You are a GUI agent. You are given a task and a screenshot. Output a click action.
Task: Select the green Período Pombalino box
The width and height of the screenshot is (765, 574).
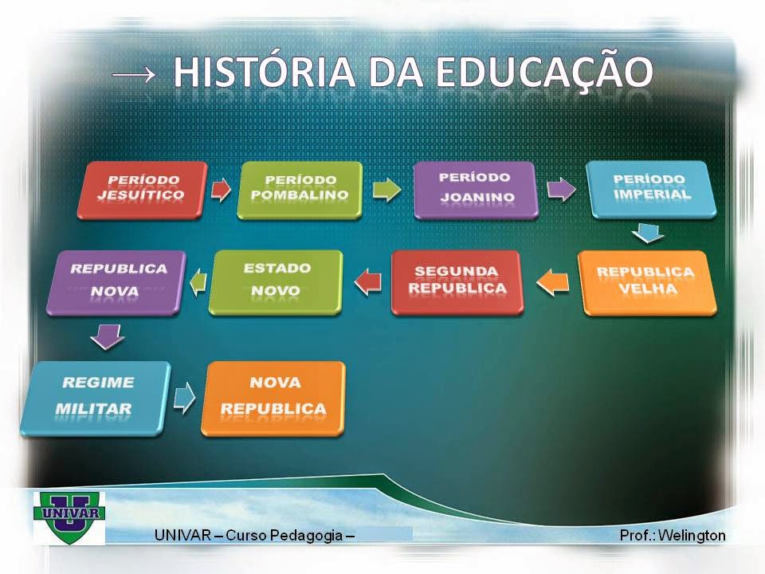[x=299, y=190]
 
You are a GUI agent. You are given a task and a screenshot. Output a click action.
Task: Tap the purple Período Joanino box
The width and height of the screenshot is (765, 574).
[x=475, y=190]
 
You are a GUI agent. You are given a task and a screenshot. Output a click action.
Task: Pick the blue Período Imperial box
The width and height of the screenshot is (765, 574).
[x=651, y=189]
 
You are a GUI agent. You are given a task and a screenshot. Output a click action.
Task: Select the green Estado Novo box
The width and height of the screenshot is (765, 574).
[x=276, y=281]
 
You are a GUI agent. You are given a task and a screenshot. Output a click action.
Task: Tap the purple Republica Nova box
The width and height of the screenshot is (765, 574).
[x=118, y=281]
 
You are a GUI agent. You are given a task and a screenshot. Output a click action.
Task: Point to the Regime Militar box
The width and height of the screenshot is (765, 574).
[x=95, y=397]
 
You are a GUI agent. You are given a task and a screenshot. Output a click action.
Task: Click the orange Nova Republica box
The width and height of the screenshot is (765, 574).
[x=273, y=397]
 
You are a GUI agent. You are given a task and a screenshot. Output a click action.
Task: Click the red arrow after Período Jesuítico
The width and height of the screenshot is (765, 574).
[x=221, y=190]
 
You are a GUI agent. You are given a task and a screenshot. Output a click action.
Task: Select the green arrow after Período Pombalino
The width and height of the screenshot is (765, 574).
[x=386, y=191]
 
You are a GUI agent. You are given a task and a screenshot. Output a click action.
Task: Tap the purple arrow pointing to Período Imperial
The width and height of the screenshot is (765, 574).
[x=560, y=190]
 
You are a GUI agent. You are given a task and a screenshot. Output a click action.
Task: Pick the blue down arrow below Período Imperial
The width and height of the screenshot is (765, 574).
[x=649, y=234]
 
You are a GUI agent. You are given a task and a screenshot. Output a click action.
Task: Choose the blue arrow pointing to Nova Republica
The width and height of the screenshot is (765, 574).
[x=185, y=397]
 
